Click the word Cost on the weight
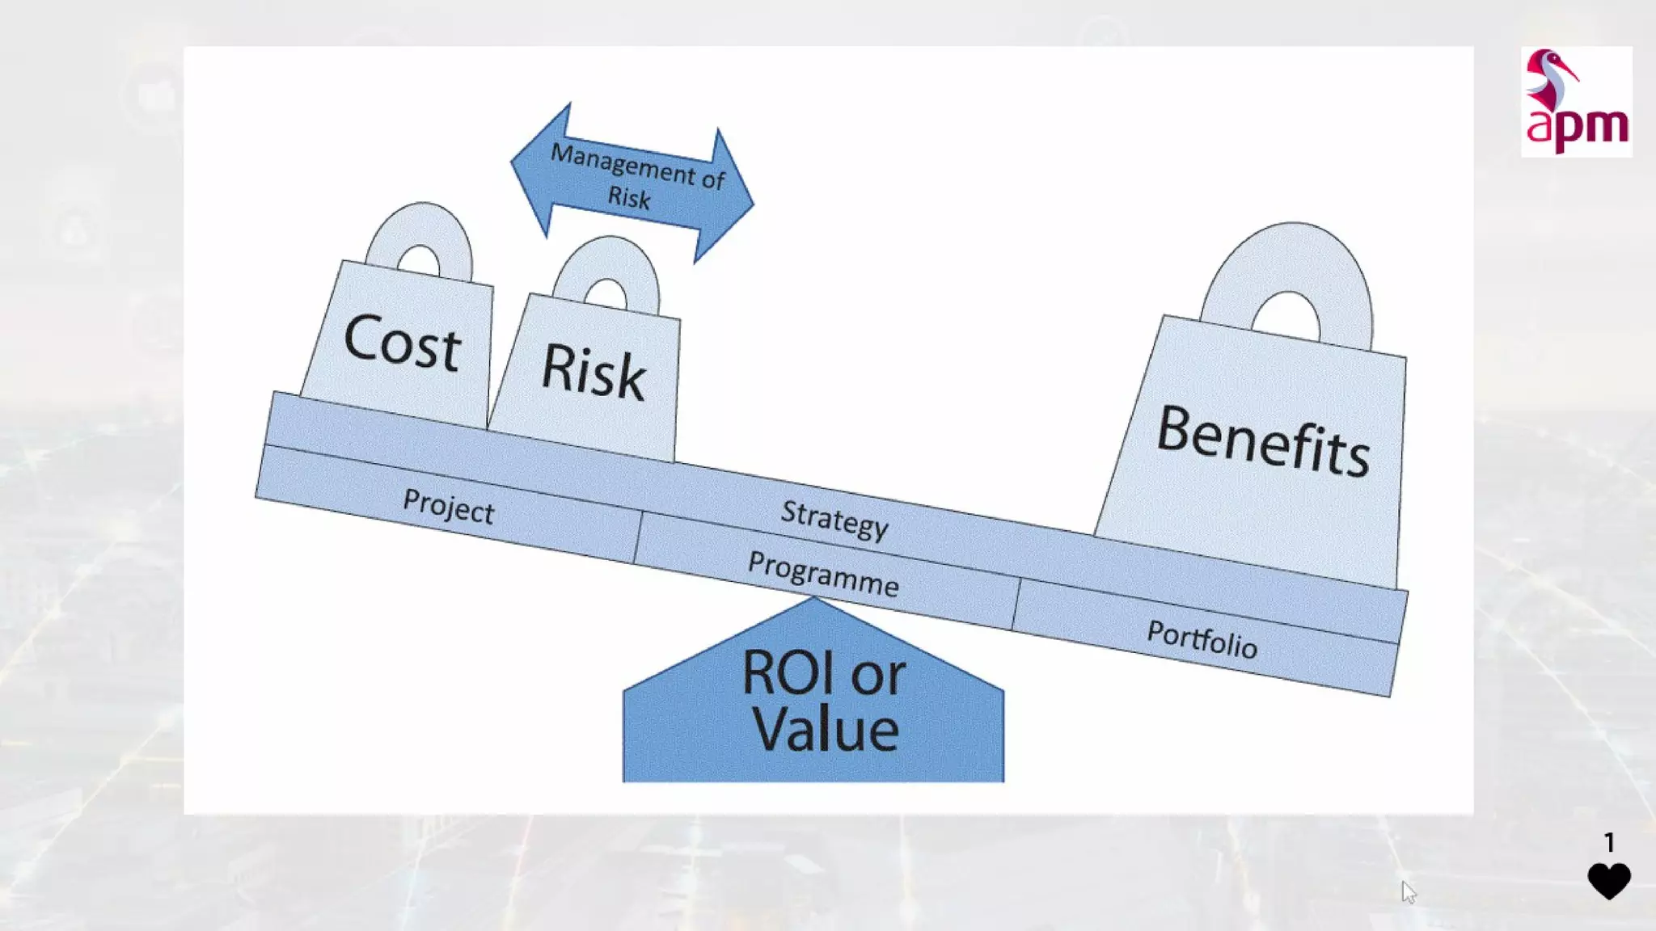[402, 343]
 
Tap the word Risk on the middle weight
[593, 371]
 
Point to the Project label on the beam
[448, 507]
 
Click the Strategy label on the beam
[834, 519]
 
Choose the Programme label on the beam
[823, 574]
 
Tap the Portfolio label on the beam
[1202, 638]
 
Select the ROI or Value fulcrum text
[823, 700]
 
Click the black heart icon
[1608, 880]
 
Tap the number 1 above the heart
[1609, 843]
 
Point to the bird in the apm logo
[1549, 79]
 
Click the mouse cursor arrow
[1409, 891]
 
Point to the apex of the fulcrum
[813, 600]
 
